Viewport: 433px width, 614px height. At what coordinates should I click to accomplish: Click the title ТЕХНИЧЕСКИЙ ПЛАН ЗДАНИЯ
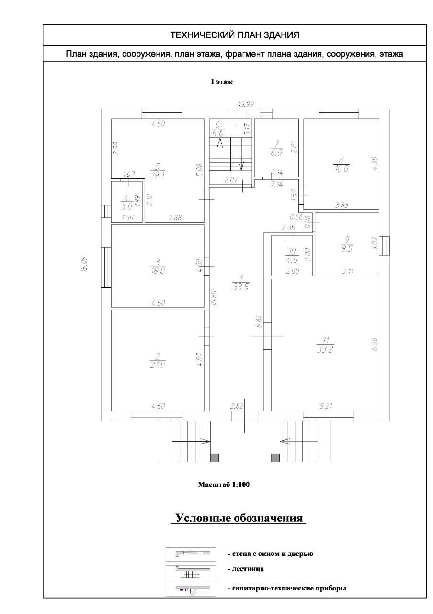235,35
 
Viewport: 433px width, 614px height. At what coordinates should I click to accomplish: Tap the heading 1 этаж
222,82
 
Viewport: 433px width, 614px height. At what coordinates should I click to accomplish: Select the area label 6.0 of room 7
277,153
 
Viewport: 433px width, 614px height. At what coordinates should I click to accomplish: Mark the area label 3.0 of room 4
126,206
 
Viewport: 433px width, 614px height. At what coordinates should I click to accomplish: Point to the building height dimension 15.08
84,265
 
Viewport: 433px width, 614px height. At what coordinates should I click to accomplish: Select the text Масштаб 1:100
224,484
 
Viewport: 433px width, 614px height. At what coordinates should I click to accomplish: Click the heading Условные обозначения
239,519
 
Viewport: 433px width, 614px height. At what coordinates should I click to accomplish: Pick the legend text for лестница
245,570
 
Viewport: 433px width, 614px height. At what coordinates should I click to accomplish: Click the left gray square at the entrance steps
215,458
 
